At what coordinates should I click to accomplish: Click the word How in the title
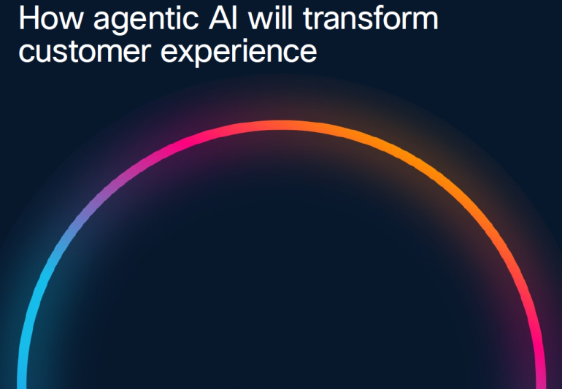(x=50, y=18)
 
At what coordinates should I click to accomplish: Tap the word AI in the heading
(x=223, y=18)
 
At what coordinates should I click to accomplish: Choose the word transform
(x=371, y=18)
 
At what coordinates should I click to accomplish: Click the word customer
(x=84, y=51)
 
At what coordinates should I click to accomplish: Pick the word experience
(x=239, y=53)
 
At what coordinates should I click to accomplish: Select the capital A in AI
(x=220, y=18)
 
